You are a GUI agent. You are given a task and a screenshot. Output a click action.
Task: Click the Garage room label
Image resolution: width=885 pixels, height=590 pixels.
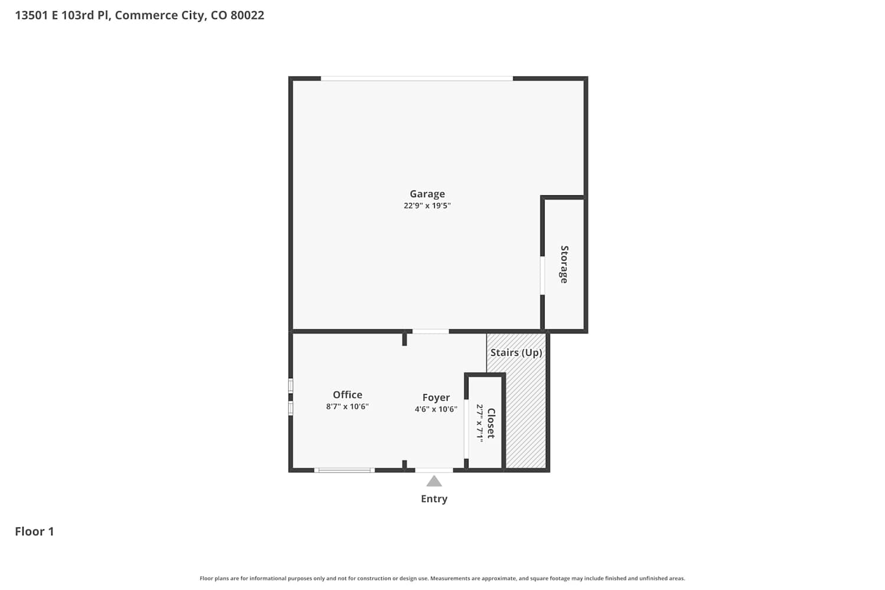tap(427, 194)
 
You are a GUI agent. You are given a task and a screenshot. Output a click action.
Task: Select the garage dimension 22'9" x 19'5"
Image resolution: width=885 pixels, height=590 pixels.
tap(427, 205)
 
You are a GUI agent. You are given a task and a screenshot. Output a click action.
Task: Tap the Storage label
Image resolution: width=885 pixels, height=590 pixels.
tap(564, 264)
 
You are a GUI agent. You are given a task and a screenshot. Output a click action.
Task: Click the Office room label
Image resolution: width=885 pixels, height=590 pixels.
tap(348, 395)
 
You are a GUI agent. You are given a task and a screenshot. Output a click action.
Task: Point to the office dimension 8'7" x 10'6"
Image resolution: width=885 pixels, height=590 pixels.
tap(348, 407)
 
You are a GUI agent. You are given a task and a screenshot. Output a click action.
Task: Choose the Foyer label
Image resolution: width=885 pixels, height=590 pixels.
tap(436, 398)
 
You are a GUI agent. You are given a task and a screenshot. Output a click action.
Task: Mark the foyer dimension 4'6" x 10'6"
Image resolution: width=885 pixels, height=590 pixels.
tap(436, 409)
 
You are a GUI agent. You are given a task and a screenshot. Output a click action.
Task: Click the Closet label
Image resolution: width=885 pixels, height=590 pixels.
tap(491, 423)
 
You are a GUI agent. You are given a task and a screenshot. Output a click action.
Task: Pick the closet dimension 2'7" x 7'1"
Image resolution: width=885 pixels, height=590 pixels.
tap(480, 423)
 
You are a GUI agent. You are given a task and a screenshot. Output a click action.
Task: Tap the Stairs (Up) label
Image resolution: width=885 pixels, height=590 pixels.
tap(516, 352)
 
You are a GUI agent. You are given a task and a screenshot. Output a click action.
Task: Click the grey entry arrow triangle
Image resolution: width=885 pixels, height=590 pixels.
tap(434, 481)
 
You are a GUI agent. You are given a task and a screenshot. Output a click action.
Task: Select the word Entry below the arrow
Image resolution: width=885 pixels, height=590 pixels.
tap(434, 499)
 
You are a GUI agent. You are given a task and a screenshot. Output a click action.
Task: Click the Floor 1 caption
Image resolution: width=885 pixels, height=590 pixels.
tap(34, 532)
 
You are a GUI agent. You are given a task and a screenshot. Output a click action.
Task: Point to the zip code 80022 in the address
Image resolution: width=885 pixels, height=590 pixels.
tap(247, 15)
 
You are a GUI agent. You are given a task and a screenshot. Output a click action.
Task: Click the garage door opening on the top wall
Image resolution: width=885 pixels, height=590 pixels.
tap(417, 78)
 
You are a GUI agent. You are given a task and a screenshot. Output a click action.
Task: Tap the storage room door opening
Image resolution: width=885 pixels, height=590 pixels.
tap(542, 276)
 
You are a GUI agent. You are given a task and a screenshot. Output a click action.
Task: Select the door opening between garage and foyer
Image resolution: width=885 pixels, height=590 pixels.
tap(431, 331)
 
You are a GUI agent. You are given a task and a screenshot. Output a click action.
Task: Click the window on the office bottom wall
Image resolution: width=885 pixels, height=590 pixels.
tap(344, 470)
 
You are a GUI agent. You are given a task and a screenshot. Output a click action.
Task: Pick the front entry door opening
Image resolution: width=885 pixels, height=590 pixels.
tap(434, 470)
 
